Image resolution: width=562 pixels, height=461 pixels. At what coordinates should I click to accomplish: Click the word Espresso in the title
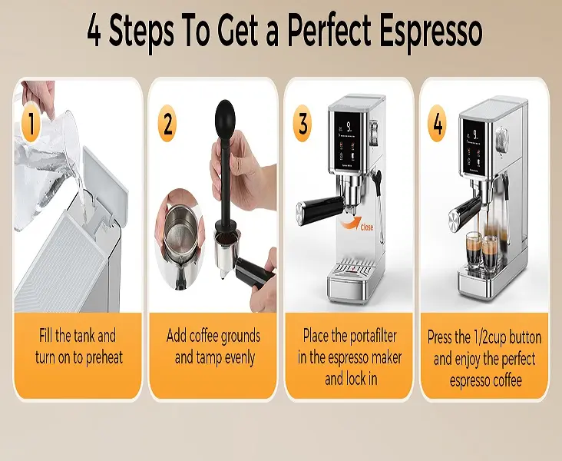431,32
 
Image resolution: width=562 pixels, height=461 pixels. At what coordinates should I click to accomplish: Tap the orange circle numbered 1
31,124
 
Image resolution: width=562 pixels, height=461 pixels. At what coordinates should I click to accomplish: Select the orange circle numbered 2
167,123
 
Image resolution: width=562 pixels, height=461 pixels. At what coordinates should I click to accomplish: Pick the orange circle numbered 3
302,123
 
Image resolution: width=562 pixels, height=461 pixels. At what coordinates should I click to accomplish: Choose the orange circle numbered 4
438,123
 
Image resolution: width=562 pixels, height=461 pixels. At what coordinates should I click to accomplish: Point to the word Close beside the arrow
367,227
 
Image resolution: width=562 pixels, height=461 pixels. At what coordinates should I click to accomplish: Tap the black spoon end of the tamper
225,112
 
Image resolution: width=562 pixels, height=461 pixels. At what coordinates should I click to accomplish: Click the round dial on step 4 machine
502,138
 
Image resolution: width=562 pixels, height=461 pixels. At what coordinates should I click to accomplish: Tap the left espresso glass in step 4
474,250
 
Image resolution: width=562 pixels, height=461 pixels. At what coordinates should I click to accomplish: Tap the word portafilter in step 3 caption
373,337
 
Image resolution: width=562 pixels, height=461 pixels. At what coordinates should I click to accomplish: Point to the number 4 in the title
94,32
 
